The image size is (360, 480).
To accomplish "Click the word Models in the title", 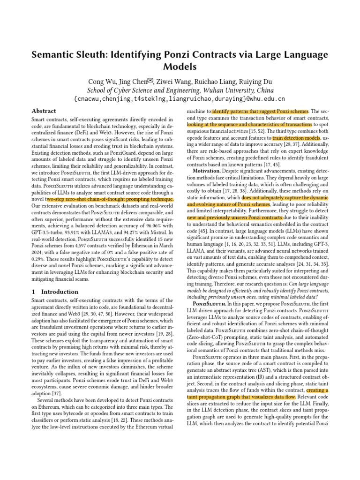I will [x=180, y=67].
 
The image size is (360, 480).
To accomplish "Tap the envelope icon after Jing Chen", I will [x=151, y=80].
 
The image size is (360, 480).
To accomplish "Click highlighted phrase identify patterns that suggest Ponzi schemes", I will [x=260, y=112].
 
